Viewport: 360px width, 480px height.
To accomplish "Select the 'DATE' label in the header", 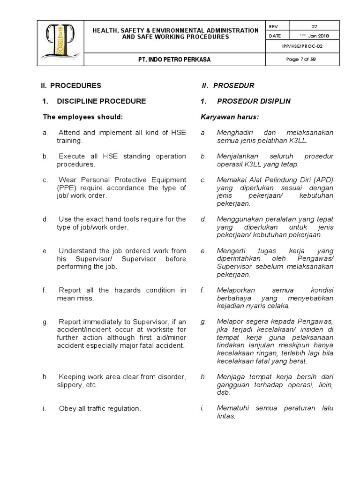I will [275, 36].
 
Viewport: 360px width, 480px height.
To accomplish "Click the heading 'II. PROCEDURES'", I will [71, 86].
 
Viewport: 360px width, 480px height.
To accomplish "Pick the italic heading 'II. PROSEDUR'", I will [228, 86].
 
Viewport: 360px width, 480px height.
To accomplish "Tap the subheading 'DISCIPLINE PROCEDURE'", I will [101, 101].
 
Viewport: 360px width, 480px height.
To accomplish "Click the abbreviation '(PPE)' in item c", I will [51, 188].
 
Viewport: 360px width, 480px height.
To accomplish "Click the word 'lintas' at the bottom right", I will [225, 416].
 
